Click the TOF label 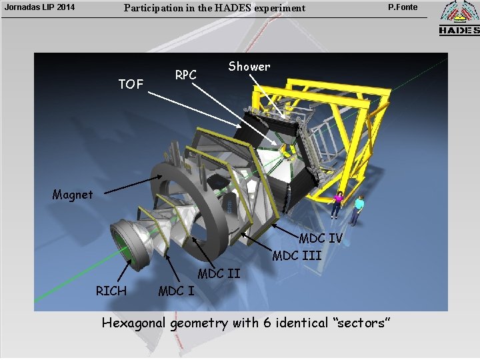pos(131,84)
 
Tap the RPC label pos(186,75)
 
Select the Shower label pos(249,66)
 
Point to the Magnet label pos(73,195)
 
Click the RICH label pos(111,290)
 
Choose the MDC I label pos(176,290)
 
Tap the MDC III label pos(297,255)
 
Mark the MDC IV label pos(321,238)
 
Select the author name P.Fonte pos(403,7)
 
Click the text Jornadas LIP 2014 pos(39,8)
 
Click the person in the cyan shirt pos(359,209)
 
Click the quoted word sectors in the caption pos(361,323)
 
